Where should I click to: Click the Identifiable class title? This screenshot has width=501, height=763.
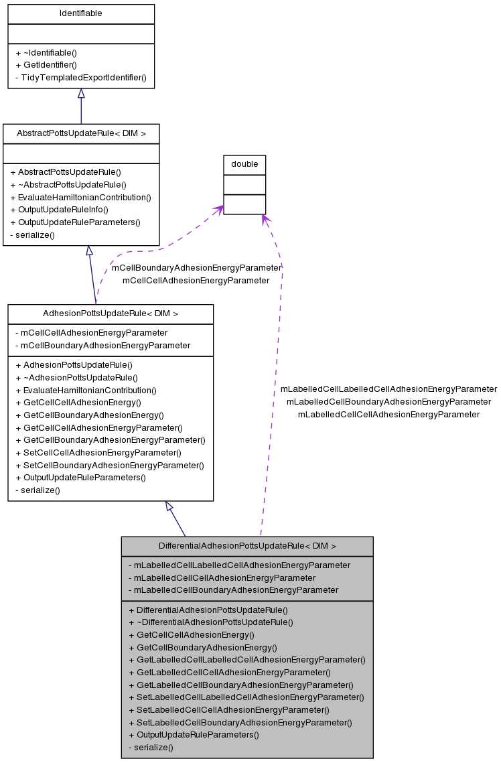click(x=81, y=13)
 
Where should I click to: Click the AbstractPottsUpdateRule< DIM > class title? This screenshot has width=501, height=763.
click(x=81, y=133)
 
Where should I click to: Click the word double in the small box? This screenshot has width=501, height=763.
click(x=244, y=164)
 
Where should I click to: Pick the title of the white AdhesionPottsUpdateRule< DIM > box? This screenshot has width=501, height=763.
click(x=111, y=314)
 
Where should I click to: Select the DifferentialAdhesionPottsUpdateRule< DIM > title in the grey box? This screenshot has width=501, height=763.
click(x=247, y=546)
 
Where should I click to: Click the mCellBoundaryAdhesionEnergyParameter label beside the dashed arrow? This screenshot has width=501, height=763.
click(x=196, y=268)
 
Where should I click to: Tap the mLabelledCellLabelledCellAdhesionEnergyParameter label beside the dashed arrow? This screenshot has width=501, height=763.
click(x=388, y=389)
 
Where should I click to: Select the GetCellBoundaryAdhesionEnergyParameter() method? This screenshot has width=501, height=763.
click(x=110, y=440)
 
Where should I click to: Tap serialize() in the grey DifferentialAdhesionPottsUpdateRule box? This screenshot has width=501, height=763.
click(x=151, y=748)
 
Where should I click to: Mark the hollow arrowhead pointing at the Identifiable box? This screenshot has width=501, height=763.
click(x=81, y=94)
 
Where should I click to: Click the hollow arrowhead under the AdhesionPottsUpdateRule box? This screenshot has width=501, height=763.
click(x=169, y=506)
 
